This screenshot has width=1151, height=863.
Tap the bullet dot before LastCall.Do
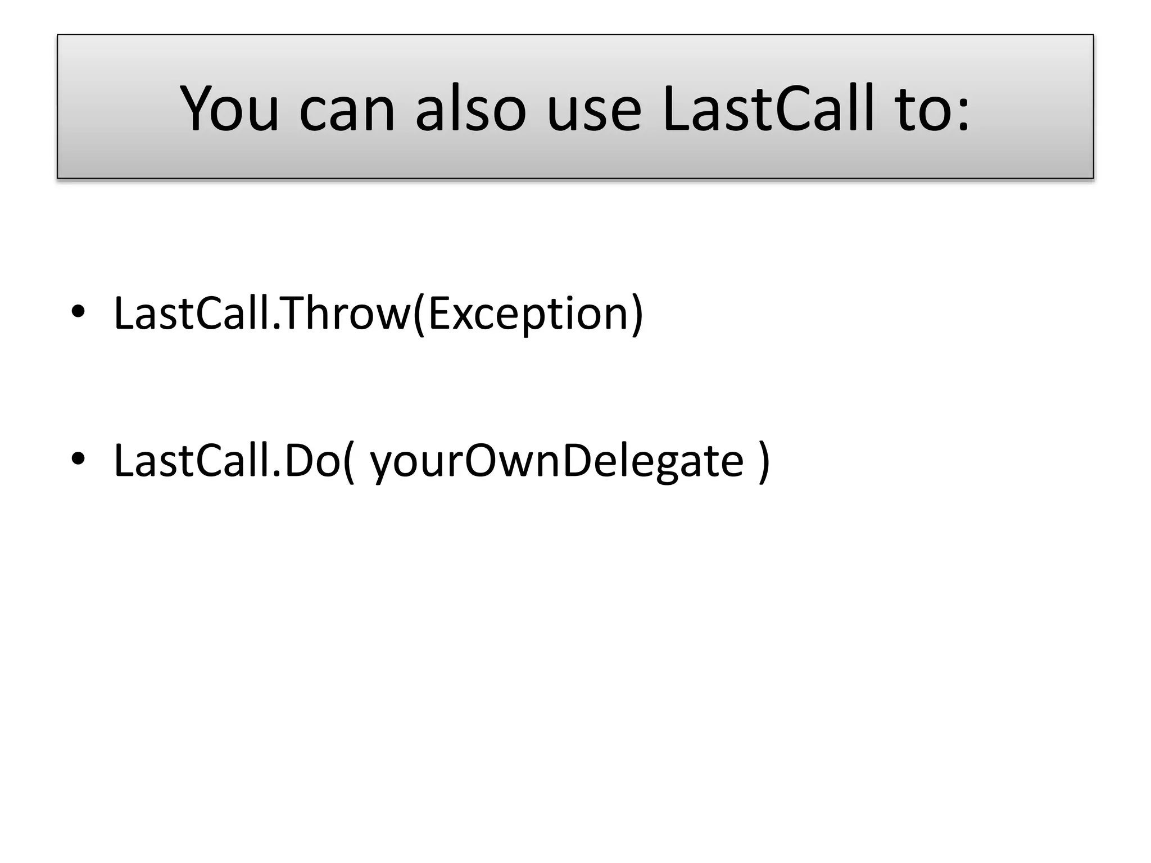(78, 459)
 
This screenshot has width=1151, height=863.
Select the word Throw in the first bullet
(346, 313)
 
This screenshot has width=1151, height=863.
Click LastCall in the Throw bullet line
(192, 313)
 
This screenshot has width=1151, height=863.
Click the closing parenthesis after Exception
(637, 315)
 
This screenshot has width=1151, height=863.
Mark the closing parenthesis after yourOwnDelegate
(764, 462)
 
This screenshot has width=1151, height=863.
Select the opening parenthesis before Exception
(419, 315)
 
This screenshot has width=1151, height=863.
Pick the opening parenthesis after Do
(349, 462)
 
